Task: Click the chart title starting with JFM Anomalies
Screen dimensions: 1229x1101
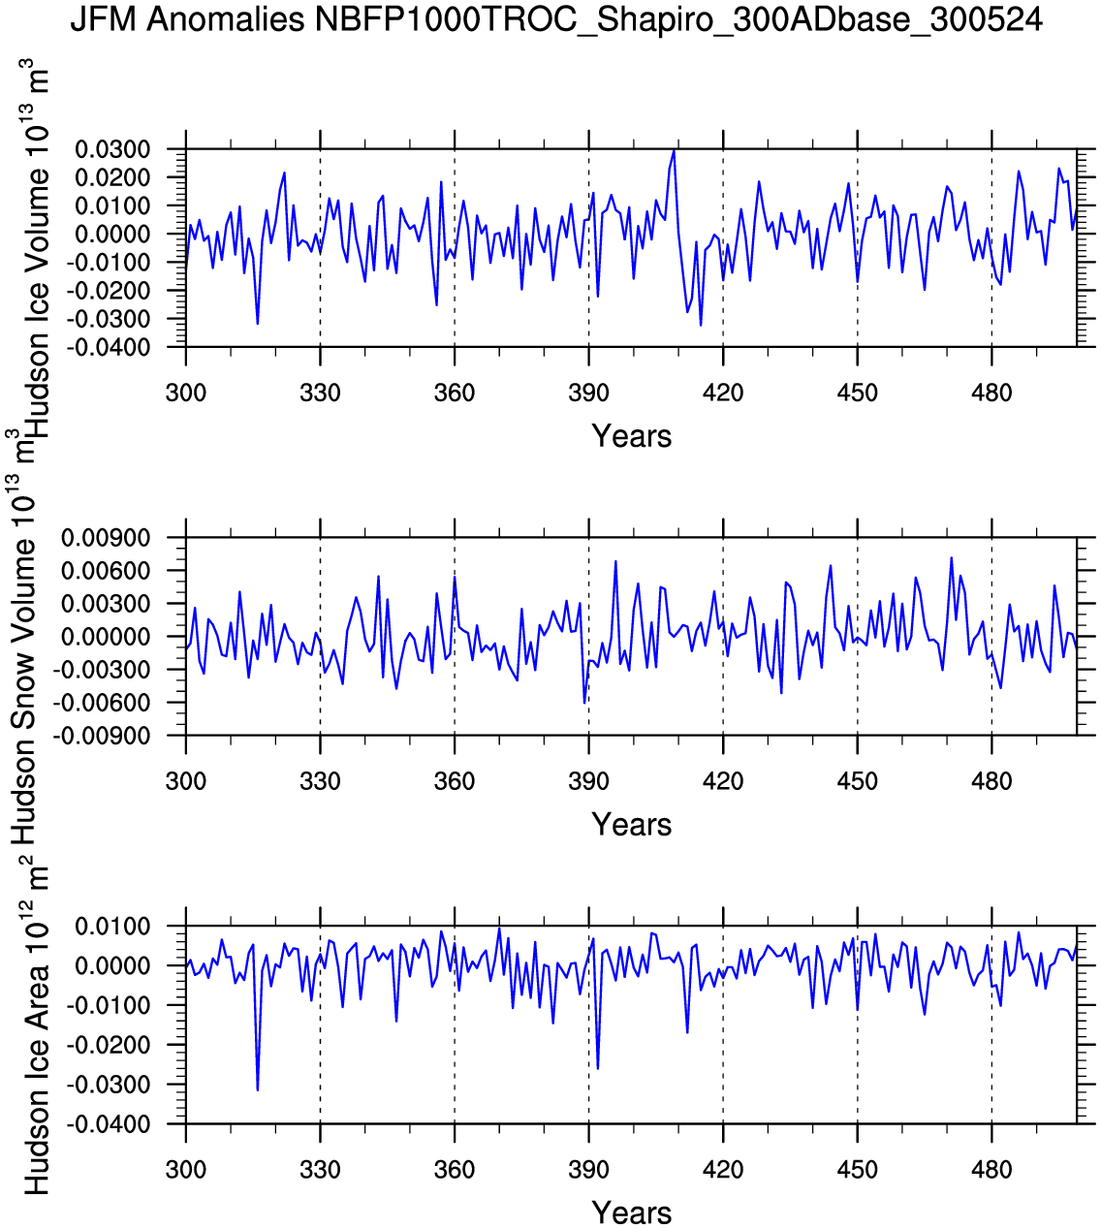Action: click(x=556, y=19)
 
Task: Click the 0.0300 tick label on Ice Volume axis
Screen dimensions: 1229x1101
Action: click(x=113, y=149)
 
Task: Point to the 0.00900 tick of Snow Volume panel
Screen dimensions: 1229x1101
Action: click(x=105, y=538)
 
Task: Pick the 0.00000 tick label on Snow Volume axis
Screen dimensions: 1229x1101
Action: click(x=105, y=637)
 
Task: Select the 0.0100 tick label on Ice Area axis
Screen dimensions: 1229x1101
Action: click(x=113, y=927)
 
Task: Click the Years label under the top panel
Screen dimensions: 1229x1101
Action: click(x=631, y=436)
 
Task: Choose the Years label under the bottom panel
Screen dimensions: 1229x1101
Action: click(x=631, y=1213)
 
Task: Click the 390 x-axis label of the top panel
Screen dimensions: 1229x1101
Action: click(x=588, y=393)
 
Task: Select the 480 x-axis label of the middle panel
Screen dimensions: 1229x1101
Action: click(x=991, y=781)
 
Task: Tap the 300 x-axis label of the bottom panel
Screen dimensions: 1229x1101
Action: click(x=185, y=1169)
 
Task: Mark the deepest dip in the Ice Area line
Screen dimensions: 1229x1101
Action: click(x=258, y=1090)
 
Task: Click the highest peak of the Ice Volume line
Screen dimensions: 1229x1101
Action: click(x=675, y=150)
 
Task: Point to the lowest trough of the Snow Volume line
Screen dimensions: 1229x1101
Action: click(x=584, y=703)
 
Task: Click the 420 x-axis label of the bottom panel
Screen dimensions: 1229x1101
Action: click(x=723, y=1169)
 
